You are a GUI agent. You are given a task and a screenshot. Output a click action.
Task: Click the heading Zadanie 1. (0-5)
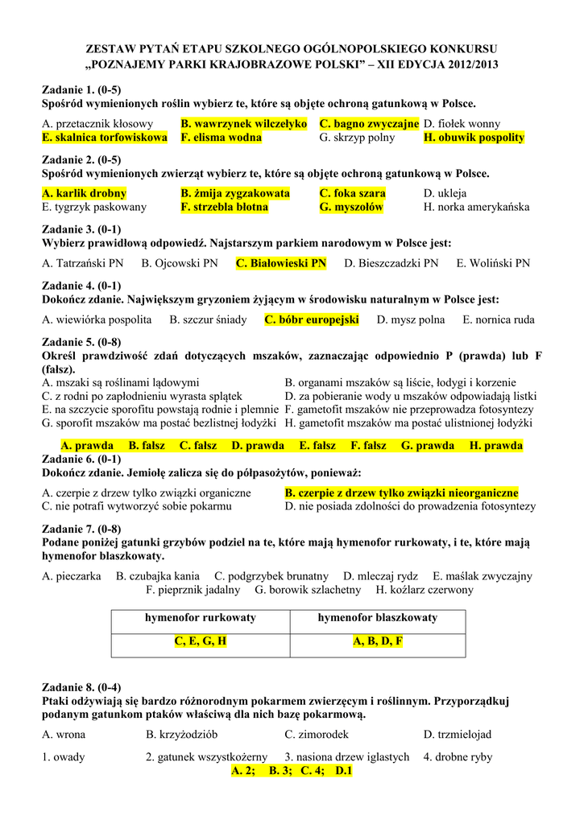coord(81,89)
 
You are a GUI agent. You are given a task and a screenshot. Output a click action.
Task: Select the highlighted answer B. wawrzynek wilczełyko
coord(244,124)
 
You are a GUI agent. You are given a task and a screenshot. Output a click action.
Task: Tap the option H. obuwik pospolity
coord(474,138)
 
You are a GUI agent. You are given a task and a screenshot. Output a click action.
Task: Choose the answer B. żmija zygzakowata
coord(235,193)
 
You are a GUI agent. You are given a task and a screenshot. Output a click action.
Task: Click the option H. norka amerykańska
coord(476,207)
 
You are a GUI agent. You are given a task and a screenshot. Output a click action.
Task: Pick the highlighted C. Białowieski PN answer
coord(281,262)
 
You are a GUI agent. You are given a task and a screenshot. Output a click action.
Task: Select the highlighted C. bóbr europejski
coord(311,319)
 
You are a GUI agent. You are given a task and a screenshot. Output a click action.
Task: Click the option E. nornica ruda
coord(498,319)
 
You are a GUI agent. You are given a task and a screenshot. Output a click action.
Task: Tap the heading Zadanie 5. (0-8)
coord(81,341)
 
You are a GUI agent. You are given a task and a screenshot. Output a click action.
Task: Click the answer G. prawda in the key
coord(428,445)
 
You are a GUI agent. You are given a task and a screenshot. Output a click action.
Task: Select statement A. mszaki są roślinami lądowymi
coord(120,382)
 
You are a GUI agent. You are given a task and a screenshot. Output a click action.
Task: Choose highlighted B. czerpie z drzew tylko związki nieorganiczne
coord(401,492)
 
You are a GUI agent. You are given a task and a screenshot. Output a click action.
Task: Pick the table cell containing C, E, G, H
coord(200,641)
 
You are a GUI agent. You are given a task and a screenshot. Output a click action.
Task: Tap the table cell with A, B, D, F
coord(378,641)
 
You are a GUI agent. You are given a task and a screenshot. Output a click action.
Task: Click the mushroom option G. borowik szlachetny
coord(308,590)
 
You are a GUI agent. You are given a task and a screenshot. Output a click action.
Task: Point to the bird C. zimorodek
coord(317,734)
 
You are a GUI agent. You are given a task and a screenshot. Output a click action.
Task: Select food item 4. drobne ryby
coord(458,756)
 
